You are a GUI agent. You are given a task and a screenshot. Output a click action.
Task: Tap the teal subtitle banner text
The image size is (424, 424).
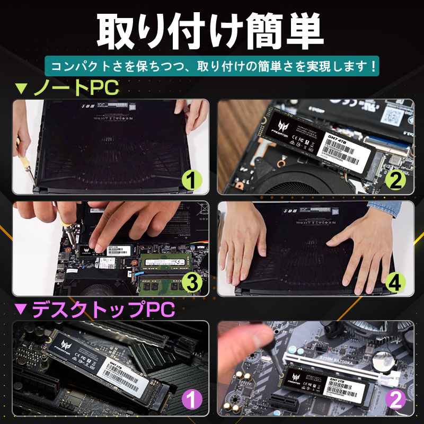point(212,67)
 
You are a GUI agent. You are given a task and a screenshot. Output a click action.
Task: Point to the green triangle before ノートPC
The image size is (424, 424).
point(21,89)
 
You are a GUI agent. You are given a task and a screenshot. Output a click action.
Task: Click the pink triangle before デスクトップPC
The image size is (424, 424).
point(21,309)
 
